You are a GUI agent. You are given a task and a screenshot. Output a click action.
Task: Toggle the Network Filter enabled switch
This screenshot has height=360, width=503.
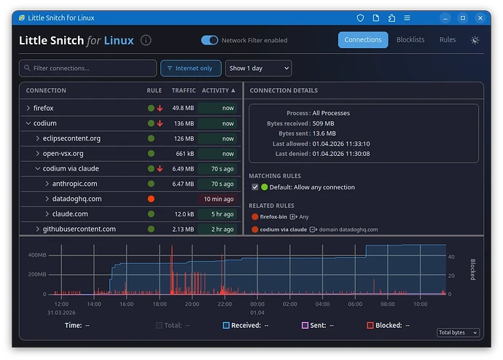pos(210,40)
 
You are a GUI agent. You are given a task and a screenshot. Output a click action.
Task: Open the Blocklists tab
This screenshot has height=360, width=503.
pos(410,40)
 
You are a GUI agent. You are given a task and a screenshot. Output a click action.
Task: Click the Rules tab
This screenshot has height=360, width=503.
pos(448,40)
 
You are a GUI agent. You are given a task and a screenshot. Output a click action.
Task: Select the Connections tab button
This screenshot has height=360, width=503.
pos(363,40)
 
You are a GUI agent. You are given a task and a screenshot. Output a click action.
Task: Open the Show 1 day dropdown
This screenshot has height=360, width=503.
pos(258,69)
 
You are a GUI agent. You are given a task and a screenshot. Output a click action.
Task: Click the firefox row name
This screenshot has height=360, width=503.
pos(44,108)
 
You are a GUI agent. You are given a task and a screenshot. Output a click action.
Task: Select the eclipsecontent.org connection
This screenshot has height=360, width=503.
pos(71,138)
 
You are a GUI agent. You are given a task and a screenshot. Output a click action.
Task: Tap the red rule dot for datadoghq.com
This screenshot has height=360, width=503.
pos(151,199)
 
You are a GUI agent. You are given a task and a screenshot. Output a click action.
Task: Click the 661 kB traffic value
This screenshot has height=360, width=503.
pos(184,154)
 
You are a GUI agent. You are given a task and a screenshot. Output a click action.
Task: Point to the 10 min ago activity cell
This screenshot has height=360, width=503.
pos(219,199)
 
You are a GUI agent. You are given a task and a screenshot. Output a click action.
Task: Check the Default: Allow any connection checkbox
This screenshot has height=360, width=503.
pos(255,187)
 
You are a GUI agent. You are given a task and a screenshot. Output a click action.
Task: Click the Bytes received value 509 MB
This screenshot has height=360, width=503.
pos(324,124)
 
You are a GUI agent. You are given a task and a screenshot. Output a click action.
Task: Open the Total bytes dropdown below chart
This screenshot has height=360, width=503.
pos(458,332)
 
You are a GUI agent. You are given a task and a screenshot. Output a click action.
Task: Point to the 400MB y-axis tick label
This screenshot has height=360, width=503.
pos(37,256)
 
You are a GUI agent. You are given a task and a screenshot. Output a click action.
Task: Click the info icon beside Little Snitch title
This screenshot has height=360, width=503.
pos(146,41)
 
